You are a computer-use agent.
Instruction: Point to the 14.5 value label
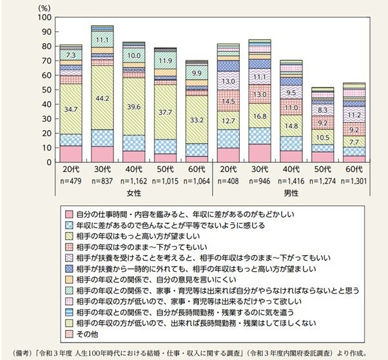(228, 102)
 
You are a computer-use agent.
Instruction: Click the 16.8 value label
(260, 117)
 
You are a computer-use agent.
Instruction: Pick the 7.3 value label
(70, 55)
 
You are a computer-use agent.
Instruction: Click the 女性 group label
(133, 193)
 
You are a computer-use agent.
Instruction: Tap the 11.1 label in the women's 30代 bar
(102, 40)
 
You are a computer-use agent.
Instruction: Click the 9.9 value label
(197, 73)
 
